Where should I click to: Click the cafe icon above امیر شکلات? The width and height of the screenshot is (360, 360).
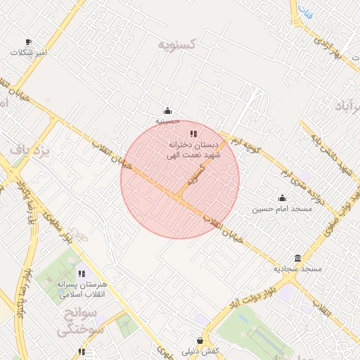click(28, 42)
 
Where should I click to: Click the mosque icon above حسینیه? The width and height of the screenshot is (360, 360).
click(167, 110)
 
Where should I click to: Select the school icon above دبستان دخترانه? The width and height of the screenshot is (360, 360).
click(193, 134)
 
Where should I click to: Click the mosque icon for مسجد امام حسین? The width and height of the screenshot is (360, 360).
click(282, 198)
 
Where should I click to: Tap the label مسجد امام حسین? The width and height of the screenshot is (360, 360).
click(277, 210)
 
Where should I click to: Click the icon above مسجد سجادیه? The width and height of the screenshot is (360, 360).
click(298, 258)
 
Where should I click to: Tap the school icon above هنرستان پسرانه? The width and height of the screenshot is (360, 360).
click(82, 274)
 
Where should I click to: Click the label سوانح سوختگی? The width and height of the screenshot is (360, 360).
click(81, 321)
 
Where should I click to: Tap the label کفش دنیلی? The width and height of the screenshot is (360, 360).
click(200, 351)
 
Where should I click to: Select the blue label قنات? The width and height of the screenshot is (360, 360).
click(304, 11)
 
